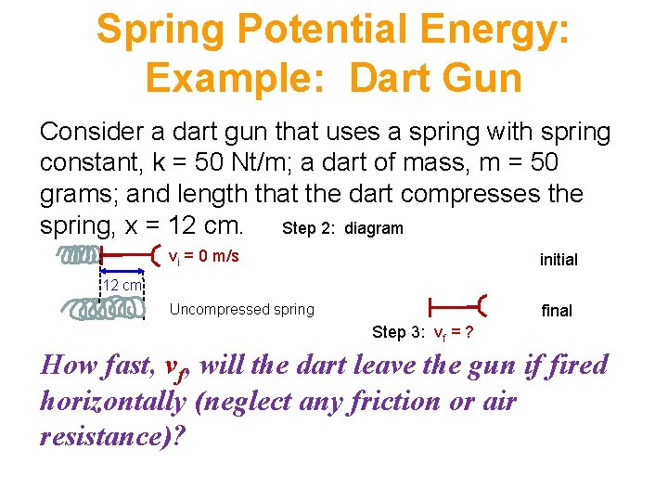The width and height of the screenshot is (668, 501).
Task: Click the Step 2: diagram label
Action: tap(342, 228)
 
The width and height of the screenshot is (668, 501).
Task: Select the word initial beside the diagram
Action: tap(559, 261)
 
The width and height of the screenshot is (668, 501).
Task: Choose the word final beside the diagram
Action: tap(557, 311)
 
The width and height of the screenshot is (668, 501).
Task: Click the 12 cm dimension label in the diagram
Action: tap(122, 286)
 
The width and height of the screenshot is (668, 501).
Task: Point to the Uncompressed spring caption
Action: tap(242, 310)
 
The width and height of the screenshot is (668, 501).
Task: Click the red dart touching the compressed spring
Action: tap(130, 253)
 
